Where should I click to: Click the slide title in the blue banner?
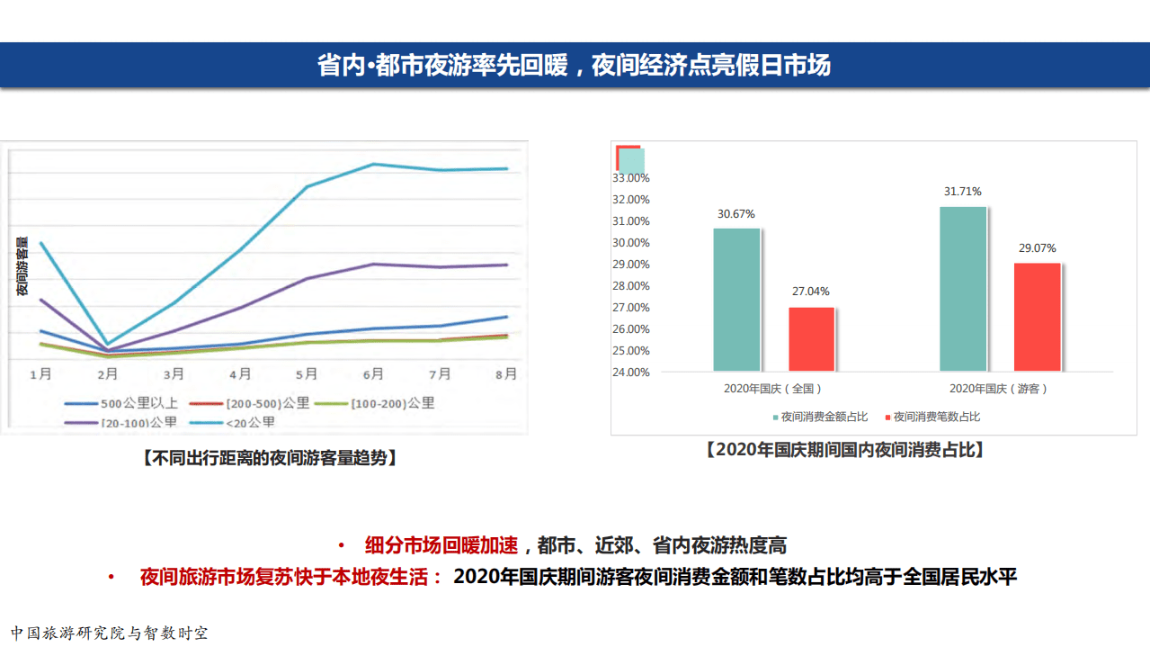pyautogui.click(x=574, y=66)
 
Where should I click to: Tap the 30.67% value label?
pyautogui.click(x=735, y=214)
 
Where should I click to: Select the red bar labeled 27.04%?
pyautogui.click(x=811, y=339)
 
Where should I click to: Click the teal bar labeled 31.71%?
pyautogui.click(x=962, y=289)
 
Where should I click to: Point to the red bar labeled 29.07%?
pyautogui.click(x=1037, y=317)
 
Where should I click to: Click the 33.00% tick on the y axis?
pyautogui.click(x=630, y=178)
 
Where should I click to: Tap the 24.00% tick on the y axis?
pyautogui.click(x=630, y=372)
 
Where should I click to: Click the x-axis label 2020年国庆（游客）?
pyautogui.click(x=999, y=389)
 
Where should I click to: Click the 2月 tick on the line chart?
pyautogui.click(x=107, y=373)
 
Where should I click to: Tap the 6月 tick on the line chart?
pyautogui.click(x=373, y=373)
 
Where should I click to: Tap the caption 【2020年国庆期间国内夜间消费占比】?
pyautogui.click(x=844, y=450)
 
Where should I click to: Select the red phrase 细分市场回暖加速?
pyautogui.click(x=441, y=545)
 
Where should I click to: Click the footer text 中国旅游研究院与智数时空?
pyautogui.click(x=110, y=633)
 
